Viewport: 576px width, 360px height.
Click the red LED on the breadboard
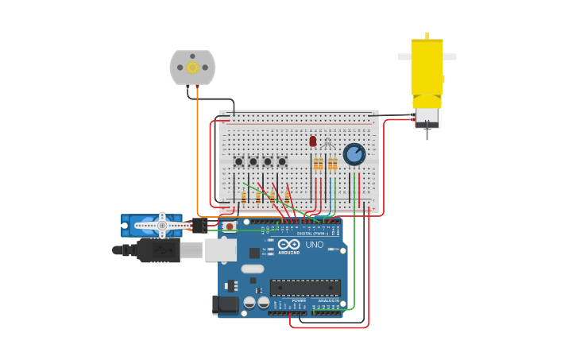click(x=313, y=141)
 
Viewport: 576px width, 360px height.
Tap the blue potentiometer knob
click(x=354, y=153)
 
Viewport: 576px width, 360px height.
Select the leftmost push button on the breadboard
click(x=238, y=161)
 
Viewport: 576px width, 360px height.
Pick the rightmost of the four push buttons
click(x=282, y=161)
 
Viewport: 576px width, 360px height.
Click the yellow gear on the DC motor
click(x=192, y=68)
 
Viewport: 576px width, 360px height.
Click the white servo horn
click(x=163, y=226)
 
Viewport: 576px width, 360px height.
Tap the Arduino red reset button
click(x=230, y=226)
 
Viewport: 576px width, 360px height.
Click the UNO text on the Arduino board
click(x=315, y=245)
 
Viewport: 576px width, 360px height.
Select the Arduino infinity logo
click(x=289, y=244)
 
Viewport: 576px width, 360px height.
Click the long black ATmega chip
click(x=305, y=287)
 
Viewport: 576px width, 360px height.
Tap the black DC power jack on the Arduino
click(x=226, y=304)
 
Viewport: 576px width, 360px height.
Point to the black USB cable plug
click(x=159, y=250)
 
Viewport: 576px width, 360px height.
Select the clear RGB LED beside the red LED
click(x=327, y=143)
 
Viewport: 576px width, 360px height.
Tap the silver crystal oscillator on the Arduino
click(x=253, y=269)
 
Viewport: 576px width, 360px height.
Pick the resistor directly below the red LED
click(x=317, y=165)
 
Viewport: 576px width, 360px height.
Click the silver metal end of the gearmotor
click(x=427, y=116)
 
